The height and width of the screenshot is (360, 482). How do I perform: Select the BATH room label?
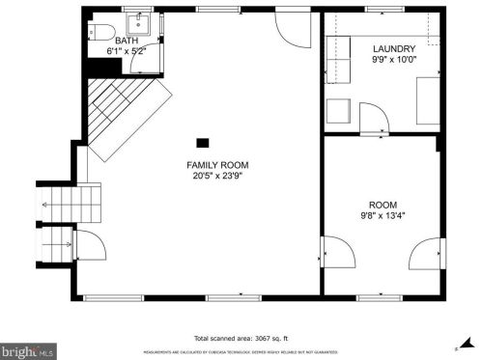[127, 41]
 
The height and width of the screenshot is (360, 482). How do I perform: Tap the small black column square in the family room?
[202, 140]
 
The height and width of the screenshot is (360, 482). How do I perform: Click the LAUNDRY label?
[394, 48]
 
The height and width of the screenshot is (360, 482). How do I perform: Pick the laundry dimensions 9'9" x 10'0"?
[394, 59]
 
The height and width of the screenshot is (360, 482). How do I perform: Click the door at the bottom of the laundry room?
[373, 120]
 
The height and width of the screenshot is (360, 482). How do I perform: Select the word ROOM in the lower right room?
[382, 205]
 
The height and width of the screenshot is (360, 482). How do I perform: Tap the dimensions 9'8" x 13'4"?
[382, 216]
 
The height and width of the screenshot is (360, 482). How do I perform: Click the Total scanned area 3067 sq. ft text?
[241, 338]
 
